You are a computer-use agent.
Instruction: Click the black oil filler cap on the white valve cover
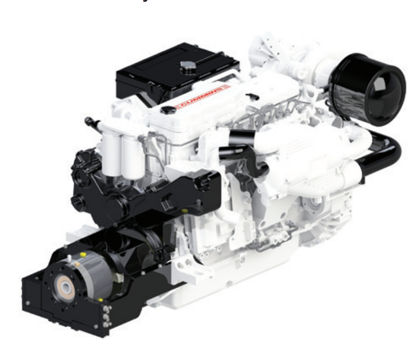coord(167,110)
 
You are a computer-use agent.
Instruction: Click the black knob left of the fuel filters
coord(89,121)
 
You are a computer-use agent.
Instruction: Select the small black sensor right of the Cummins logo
coord(252,95)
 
